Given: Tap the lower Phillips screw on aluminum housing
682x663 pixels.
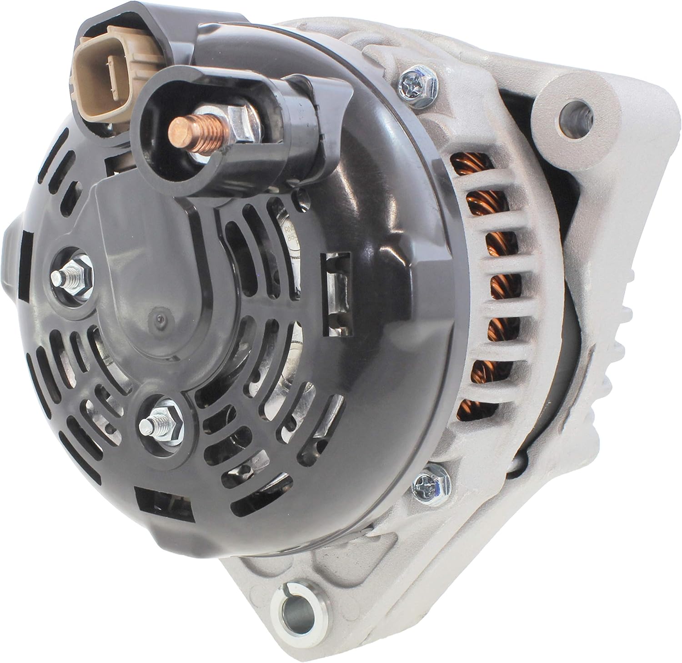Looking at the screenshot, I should point(427,486).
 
